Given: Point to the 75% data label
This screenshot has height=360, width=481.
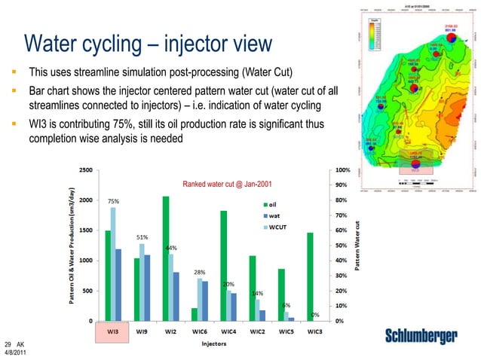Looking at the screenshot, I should click(112, 202).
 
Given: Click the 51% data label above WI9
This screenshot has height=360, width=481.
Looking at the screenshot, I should click(142, 237).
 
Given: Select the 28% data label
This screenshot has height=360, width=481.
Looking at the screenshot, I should click(200, 272).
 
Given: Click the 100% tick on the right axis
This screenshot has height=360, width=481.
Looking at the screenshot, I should click(342, 169).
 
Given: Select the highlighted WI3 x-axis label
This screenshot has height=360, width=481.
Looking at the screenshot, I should click(111, 331).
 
